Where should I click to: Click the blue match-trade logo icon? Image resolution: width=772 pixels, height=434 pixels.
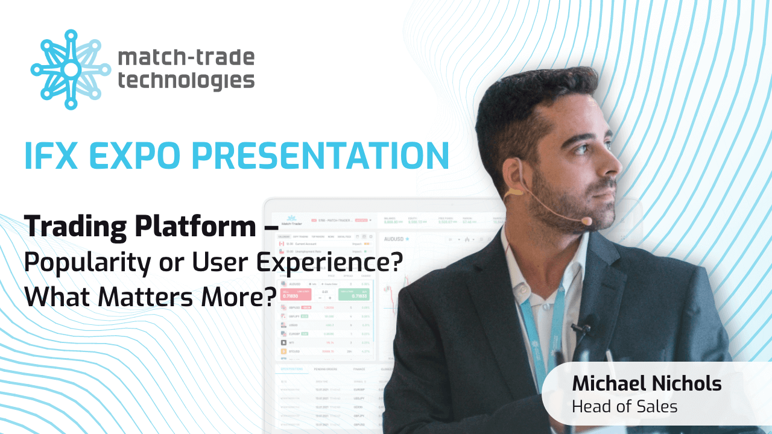(x=71, y=70)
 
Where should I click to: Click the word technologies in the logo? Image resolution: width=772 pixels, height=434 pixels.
(x=186, y=80)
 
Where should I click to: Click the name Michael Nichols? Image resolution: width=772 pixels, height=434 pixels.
(x=646, y=383)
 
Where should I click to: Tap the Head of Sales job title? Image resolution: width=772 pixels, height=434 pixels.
(x=624, y=406)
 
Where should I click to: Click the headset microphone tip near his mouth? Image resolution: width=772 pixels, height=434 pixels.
(x=586, y=222)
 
